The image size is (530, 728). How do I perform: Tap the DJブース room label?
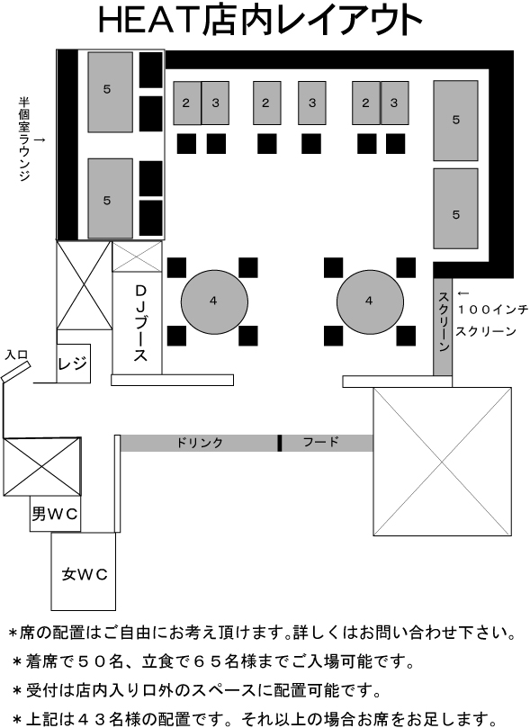(x=140, y=323)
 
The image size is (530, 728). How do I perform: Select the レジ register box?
(x=73, y=363)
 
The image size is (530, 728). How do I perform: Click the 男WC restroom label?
(x=55, y=514)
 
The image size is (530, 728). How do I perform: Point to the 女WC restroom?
(x=83, y=571)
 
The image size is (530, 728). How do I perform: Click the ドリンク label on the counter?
(x=200, y=443)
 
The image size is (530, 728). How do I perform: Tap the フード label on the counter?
(x=320, y=442)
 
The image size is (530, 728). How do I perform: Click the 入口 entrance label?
(x=16, y=355)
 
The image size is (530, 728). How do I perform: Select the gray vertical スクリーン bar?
(x=443, y=327)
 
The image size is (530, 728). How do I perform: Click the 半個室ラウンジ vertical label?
(x=24, y=139)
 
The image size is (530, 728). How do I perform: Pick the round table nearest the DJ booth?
(x=214, y=301)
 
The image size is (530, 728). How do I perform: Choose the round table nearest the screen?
(x=370, y=301)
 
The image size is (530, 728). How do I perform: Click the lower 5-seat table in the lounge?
(x=111, y=199)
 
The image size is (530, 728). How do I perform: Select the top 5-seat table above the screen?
(x=455, y=121)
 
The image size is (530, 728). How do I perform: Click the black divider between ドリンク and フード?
(x=280, y=443)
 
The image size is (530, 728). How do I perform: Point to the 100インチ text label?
(x=492, y=310)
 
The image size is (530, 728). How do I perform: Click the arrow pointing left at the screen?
(x=463, y=293)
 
